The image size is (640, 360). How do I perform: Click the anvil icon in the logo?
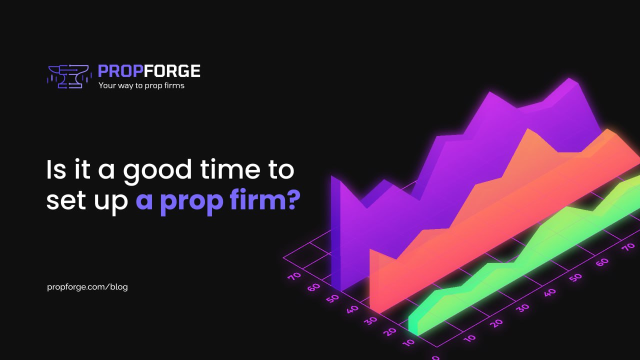coord(69,76)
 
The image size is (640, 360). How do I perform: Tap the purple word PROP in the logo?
coord(120,71)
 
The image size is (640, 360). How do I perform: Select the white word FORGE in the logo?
coord(172,71)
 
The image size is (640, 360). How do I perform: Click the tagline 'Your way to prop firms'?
coord(141,85)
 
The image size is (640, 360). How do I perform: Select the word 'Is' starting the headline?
coord(56,169)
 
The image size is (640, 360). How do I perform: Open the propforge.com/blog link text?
coord(87,287)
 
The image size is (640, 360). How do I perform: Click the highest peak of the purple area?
coord(569,79)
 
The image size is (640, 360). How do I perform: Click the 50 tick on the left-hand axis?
coord(333,298)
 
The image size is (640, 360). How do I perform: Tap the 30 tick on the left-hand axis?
coord(371,320)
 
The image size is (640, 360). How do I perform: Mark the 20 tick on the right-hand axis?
coord(497,323)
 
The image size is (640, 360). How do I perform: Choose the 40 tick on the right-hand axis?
coord(549,292)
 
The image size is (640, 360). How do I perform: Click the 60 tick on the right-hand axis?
coord(602,261)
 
